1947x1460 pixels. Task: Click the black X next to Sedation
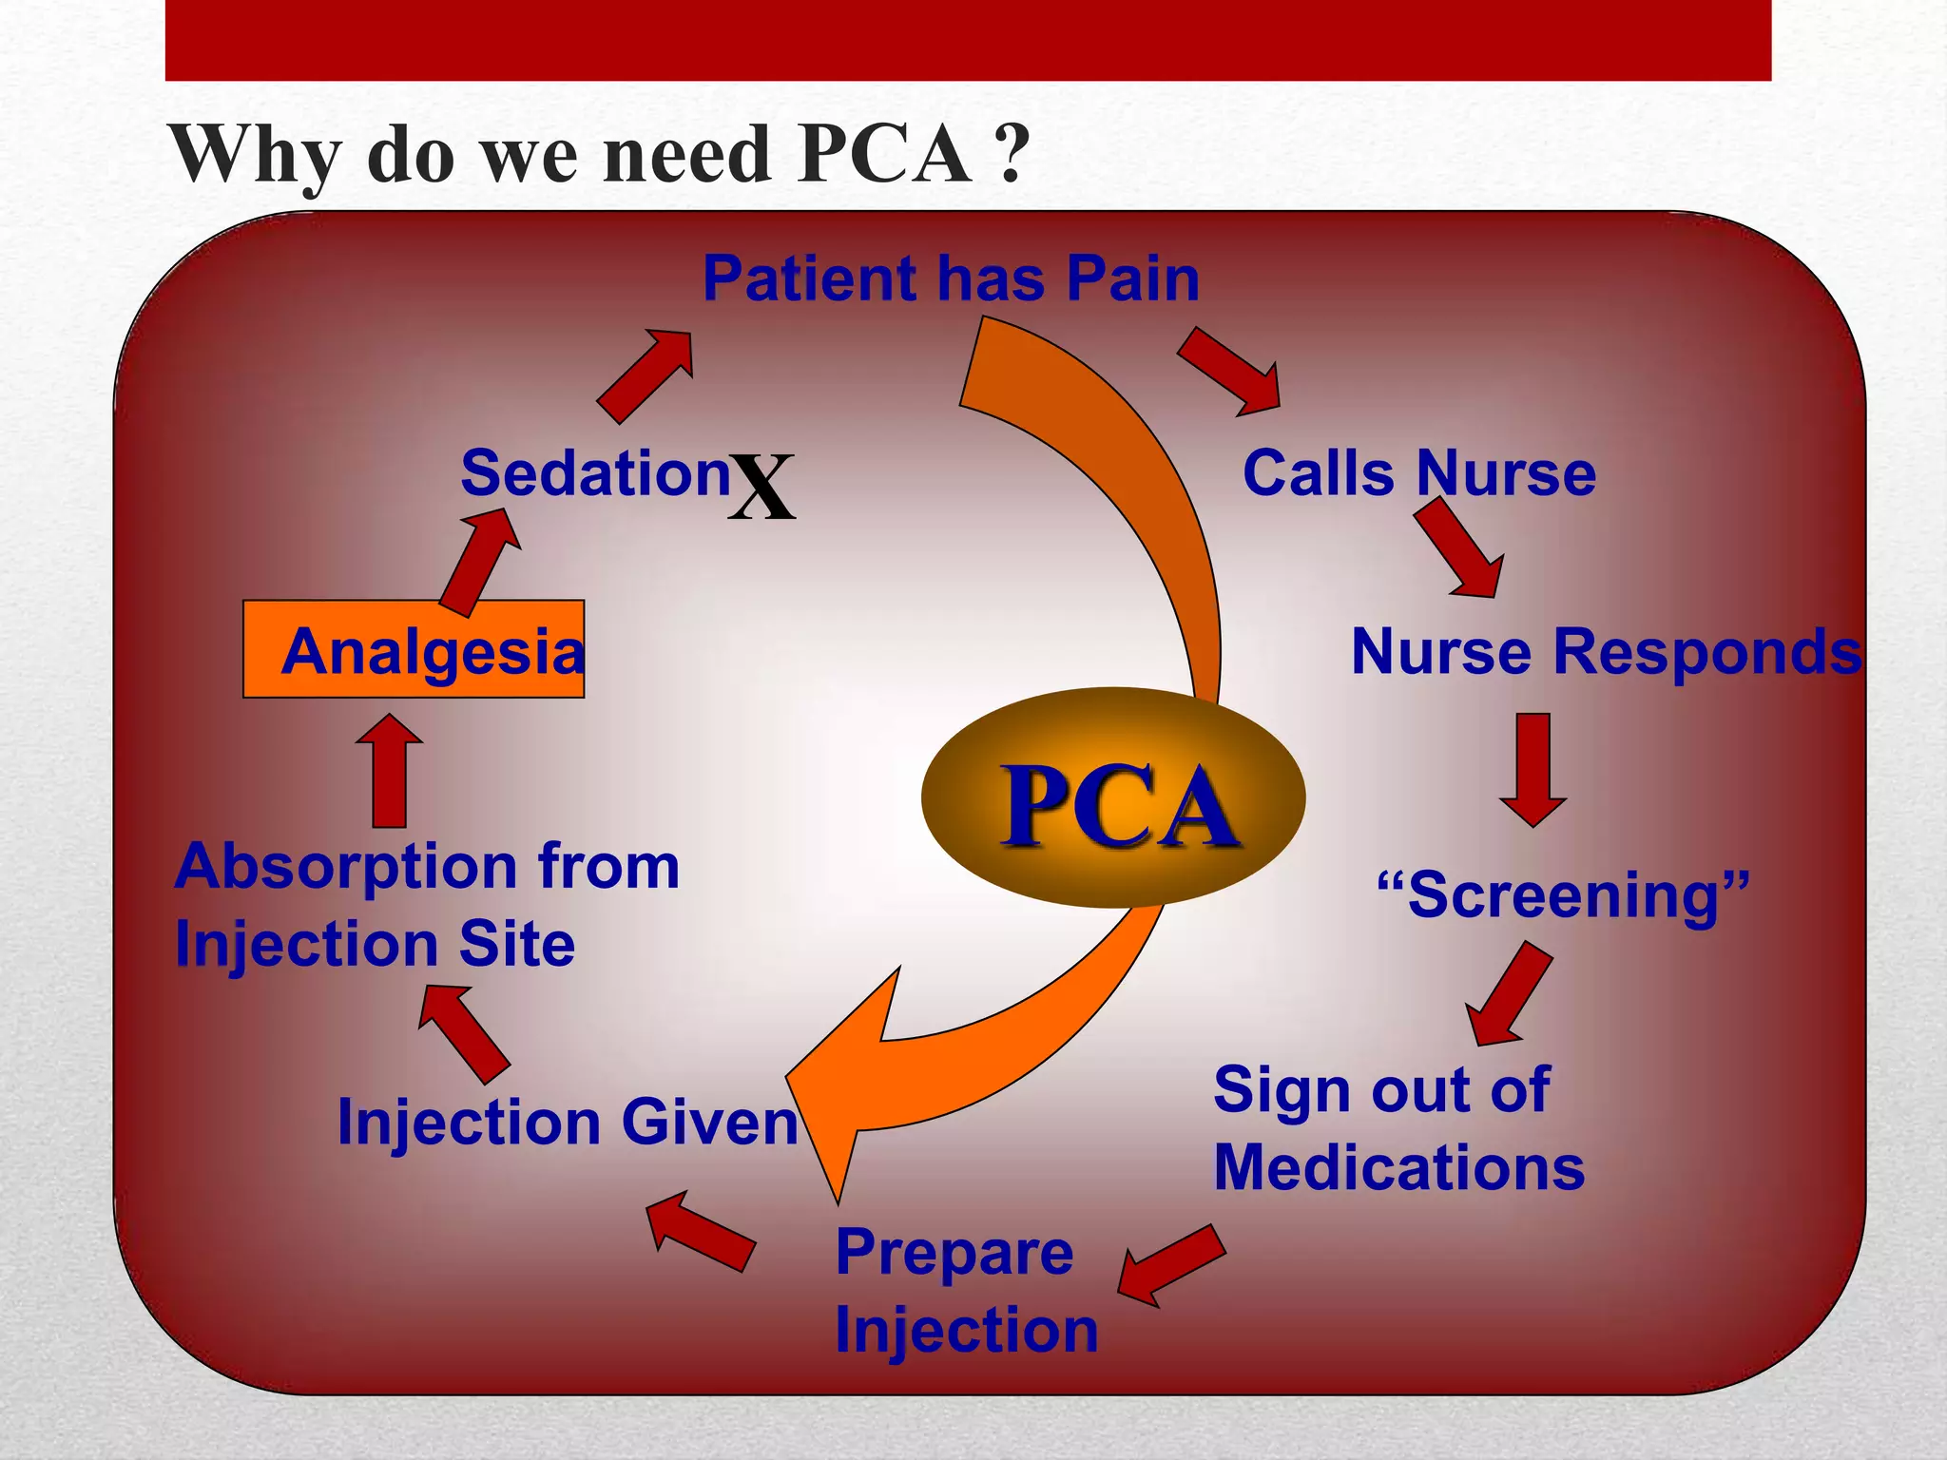click(x=761, y=487)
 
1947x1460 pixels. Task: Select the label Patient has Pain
click(x=951, y=279)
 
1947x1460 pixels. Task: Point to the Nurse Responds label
click(x=1606, y=652)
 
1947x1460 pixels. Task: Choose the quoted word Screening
click(x=1564, y=894)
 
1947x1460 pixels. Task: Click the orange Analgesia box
click(x=414, y=650)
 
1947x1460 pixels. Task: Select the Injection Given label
click(x=568, y=1123)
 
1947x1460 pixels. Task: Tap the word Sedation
click(x=595, y=472)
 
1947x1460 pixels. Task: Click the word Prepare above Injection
click(x=954, y=1252)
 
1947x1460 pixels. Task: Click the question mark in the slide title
click(x=1013, y=154)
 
